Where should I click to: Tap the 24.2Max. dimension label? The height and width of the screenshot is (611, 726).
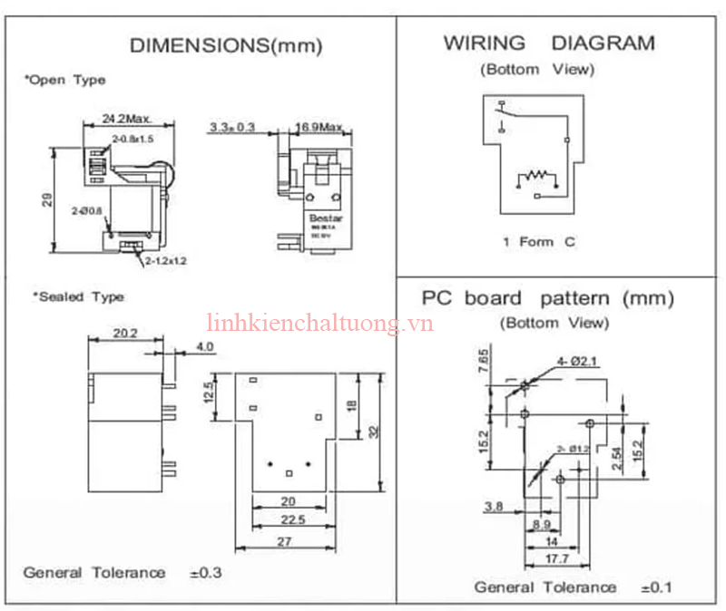click(x=126, y=119)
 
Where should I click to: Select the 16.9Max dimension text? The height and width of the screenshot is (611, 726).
click(x=319, y=126)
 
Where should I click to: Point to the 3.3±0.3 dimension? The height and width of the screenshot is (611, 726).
click(x=231, y=126)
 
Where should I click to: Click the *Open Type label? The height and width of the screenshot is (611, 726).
click(x=64, y=80)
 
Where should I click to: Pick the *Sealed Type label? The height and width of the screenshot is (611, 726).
click(x=78, y=296)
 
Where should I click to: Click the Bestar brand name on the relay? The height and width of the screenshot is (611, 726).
click(x=323, y=217)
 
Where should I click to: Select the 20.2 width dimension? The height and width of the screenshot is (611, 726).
click(x=125, y=334)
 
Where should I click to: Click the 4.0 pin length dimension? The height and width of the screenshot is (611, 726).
click(x=203, y=346)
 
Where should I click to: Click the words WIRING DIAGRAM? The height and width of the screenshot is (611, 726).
click(x=548, y=43)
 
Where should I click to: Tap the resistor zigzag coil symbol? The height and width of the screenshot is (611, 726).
click(x=536, y=175)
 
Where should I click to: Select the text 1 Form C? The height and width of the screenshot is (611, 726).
click(x=539, y=242)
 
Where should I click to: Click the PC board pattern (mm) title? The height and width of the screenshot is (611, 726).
click(x=548, y=298)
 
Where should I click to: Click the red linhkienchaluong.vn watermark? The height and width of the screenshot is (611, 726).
click(x=319, y=324)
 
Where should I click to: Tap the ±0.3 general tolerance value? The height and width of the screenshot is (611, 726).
click(x=206, y=573)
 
